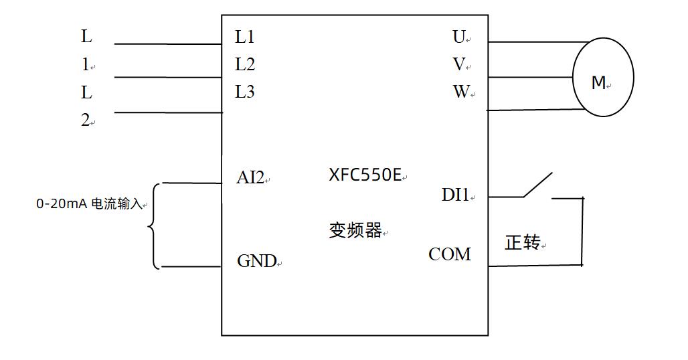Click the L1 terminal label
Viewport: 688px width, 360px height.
click(244, 37)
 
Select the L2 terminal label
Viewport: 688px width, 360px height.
click(244, 65)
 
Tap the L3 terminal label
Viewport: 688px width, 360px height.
click(244, 92)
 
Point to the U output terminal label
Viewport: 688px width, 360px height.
click(459, 37)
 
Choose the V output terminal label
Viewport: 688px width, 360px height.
click(459, 65)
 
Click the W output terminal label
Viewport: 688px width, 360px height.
click(461, 92)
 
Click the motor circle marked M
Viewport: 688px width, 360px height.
click(602, 78)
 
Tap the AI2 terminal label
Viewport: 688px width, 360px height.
click(251, 178)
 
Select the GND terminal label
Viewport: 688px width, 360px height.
click(257, 261)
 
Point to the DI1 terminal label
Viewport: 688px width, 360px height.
click(456, 195)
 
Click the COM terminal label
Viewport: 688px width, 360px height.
click(450, 254)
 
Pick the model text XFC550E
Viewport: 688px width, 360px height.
click(365, 175)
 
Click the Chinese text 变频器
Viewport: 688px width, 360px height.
click(355, 231)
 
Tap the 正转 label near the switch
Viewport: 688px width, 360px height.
click(523, 243)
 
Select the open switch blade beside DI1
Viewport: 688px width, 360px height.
click(537, 185)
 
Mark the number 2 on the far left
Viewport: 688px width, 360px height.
click(86, 120)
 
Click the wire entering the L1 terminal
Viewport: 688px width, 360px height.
click(167, 44)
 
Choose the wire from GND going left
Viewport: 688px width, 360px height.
click(191, 266)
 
